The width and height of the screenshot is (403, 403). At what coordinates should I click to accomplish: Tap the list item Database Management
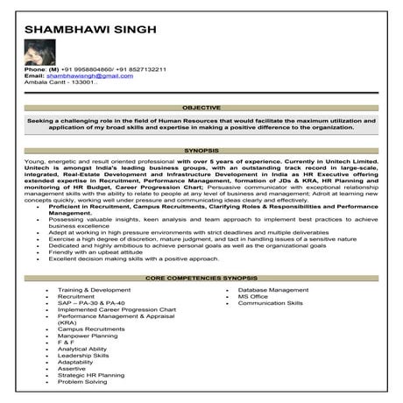[272, 289]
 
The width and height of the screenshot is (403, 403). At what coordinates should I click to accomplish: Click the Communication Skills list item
[270, 302]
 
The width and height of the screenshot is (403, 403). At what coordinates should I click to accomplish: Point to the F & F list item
[66, 343]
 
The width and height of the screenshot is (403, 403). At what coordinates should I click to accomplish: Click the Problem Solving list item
[82, 382]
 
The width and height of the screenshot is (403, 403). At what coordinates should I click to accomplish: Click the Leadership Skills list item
[83, 356]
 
